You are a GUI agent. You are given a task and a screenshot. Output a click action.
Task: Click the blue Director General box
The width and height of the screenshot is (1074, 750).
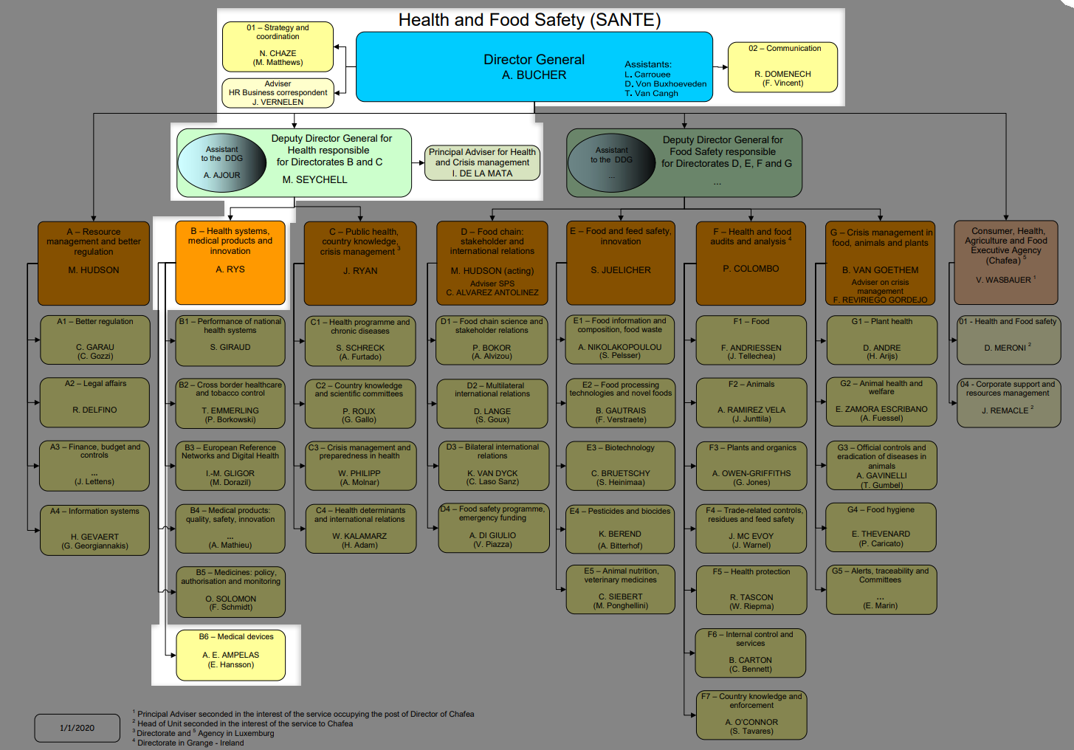pyautogui.click(x=534, y=66)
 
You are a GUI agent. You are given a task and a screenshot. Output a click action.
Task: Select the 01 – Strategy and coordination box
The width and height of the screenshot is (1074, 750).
pyautogui.click(x=278, y=46)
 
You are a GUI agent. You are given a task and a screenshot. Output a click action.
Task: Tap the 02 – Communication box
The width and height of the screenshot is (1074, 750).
pyautogui.click(x=782, y=66)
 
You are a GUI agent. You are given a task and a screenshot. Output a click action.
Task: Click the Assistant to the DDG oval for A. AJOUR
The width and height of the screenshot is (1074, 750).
pyautogui.click(x=222, y=162)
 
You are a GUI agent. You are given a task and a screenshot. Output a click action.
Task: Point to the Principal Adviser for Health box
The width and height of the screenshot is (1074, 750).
pyautogui.click(x=482, y=162)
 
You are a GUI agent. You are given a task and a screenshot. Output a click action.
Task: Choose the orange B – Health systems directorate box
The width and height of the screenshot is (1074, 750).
pyautogui.click(x=230, y=263)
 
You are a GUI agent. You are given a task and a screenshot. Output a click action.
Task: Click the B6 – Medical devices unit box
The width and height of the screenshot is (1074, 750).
pyautogui.click(x=230, y=654)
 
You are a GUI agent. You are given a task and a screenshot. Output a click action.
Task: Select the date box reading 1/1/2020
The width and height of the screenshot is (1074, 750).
pyautogui.click(x=77, y=728)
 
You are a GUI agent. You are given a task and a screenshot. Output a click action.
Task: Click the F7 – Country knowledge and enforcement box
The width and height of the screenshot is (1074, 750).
pyautogui.click(x=751, y=714)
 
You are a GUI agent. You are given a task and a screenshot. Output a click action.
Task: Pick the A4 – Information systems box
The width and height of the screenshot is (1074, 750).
pyautogui.click(x=94, y=529)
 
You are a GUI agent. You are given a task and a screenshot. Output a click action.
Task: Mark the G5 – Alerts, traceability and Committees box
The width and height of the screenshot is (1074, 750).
pyautogui.click(x=881, y=588)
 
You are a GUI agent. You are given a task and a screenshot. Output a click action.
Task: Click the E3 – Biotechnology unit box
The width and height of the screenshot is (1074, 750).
pyautogui.click(x=620, y=465)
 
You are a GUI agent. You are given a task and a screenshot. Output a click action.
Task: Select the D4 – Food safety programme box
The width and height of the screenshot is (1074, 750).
pyautogui.click(x=493, y=527)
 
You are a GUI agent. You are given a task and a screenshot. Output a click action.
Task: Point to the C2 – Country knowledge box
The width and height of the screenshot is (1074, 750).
pyautogui.click(x=359, y=402)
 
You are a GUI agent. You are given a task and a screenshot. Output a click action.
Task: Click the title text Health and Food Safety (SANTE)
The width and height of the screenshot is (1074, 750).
pyautogui.click(x=529, y=20)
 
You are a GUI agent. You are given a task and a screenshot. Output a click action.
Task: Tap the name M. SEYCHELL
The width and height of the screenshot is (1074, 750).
pyautogui.click(x=314, y=179)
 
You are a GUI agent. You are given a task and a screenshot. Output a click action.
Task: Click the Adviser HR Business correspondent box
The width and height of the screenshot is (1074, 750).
pyautogui.click(x=278, y=93)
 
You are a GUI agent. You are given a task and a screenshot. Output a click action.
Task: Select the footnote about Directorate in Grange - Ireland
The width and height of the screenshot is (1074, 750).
pyautogui.click(x=190, y=743)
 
